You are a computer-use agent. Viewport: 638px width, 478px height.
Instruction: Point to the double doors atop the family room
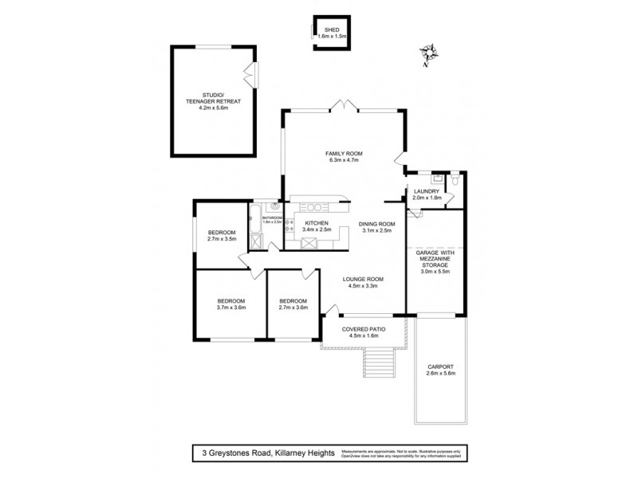click(x=344, y=104)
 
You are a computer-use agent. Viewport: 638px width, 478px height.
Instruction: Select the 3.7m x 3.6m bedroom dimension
click(x=230, y=308)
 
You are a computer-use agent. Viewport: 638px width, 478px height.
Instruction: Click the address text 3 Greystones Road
click(x=248, y=453)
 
